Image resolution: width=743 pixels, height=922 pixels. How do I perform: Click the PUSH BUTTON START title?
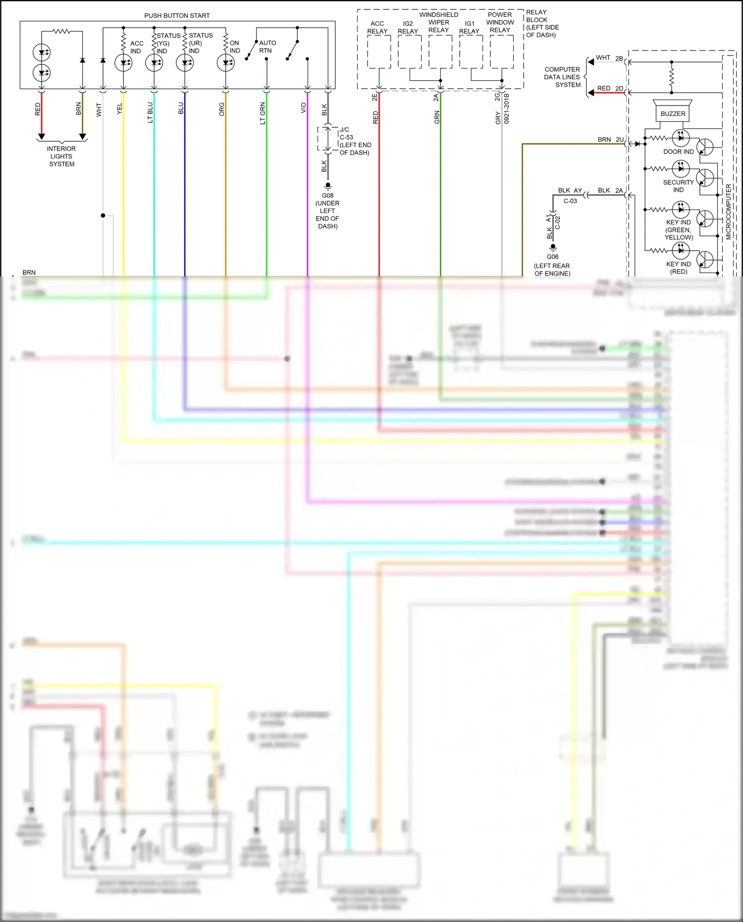point(177,16)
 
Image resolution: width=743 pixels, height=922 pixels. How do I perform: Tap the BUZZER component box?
point(673,113)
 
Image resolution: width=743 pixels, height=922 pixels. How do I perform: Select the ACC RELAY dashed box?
point(379,52)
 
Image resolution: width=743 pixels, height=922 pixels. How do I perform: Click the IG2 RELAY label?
point(408,27)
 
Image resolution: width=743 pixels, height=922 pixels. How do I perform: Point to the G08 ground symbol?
point(327,187)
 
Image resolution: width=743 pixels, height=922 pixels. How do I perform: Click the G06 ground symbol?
point(553,247)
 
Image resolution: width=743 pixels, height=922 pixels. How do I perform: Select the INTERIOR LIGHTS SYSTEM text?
point(61,156)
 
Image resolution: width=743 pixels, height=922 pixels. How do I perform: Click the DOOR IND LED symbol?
point(681,138)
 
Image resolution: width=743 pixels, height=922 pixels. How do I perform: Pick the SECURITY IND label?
point(678,186)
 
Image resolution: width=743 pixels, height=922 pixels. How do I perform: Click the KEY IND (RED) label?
point(678,268)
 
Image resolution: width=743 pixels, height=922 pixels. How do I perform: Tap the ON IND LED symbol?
point(226,63)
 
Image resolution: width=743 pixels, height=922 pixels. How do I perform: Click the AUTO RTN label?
point(267,47)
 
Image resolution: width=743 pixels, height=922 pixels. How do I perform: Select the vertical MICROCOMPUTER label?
point(728,212)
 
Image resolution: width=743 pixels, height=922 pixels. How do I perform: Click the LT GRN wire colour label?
point(263,113)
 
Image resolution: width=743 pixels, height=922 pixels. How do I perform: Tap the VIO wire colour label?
point(303,108)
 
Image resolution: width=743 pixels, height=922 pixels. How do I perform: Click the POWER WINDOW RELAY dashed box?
point(501,52)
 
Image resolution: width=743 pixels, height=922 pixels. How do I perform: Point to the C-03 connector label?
point(570,201)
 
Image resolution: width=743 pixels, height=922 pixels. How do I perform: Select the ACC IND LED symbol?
point(123,63)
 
